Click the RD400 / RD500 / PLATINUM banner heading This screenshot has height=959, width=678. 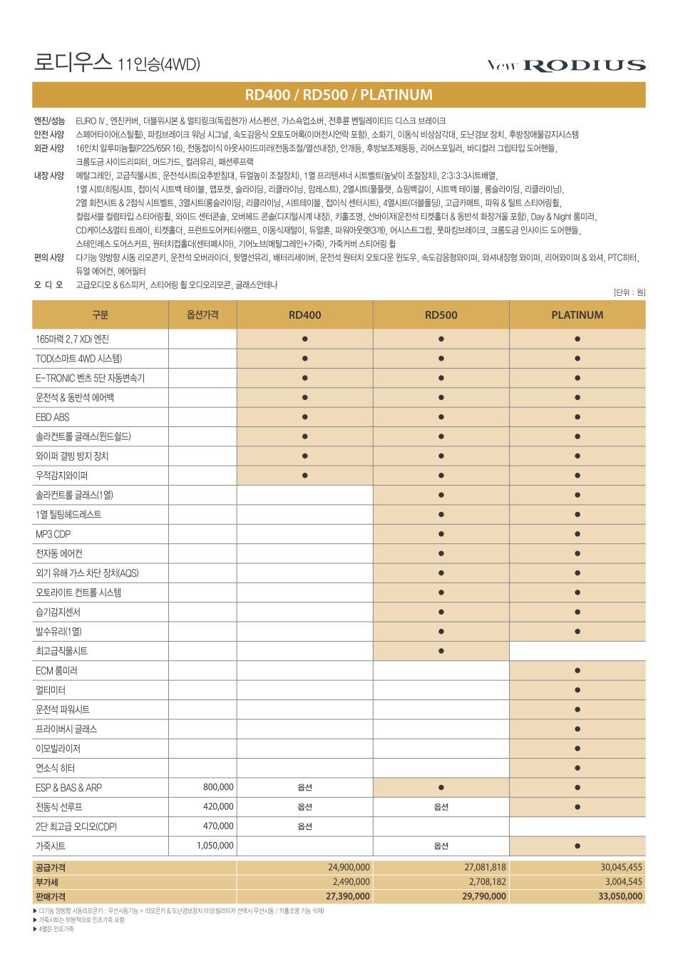point(339,95)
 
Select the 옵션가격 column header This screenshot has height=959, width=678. point(202,314)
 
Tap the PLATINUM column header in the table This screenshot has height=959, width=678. point(577,314)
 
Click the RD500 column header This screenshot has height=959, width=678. point(441,314)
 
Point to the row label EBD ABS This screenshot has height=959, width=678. point(53,417)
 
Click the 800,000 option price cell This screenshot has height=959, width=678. point(218,787)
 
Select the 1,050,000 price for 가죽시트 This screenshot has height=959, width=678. point(215,846)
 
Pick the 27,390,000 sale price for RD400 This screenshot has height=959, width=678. point(347,896)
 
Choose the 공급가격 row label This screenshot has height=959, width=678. point(50,867)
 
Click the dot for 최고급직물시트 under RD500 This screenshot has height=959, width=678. point(441,651)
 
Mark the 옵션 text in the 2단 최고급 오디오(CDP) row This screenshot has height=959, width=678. point(304,826)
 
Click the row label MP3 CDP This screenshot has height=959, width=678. point(53,534)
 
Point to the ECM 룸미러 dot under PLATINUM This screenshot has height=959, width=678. point(577,670)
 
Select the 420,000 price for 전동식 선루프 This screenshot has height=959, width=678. point(218,806)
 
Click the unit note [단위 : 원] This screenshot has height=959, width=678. point(629,292)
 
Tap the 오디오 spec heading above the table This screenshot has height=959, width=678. point(48,284)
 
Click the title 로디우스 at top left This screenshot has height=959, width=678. point(72,63)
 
